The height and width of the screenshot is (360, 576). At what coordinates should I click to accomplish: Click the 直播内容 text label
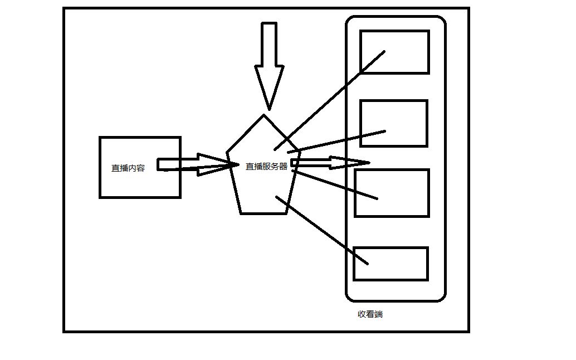(128, 168)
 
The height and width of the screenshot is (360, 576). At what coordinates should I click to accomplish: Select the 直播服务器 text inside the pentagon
(266, 166)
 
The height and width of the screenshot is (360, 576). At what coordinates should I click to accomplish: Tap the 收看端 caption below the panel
(370, 314)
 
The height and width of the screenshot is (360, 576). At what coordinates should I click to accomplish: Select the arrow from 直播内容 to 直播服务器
(195, 165)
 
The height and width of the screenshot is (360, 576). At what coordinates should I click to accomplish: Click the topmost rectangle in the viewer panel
(394, 52)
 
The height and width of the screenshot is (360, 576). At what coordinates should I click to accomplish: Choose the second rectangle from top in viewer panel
(393, 123)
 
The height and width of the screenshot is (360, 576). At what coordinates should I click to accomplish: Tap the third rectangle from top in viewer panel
(392, 192)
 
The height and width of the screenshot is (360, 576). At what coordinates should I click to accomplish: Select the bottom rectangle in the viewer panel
(390, 264)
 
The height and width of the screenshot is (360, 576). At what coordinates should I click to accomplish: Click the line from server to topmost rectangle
(329, 101)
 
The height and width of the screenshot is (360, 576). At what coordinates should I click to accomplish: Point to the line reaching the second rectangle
(336, 141)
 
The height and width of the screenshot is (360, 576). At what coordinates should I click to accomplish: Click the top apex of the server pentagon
(263, 115)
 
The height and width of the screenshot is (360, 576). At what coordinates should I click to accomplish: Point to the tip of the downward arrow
(269, 108)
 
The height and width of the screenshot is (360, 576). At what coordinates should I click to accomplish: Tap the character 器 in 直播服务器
(283, 166)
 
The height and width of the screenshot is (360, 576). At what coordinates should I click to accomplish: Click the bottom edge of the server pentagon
(264, 213)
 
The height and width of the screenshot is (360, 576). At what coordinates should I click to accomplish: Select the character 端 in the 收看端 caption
(379, 314)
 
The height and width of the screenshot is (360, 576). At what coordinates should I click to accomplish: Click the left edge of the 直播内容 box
(100, 167)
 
